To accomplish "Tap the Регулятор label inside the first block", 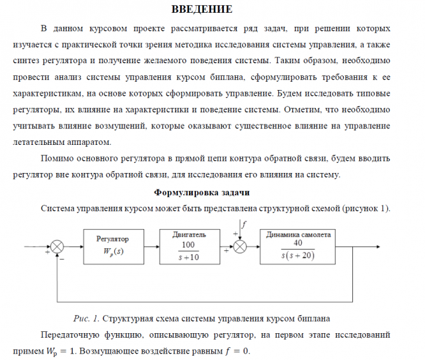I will [x=112, y=239].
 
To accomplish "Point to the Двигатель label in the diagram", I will [x=189, y=235].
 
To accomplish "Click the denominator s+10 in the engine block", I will [x=188, y=257].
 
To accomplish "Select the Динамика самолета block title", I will [x=299, y=234].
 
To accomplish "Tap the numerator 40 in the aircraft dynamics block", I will [x=298, y=243].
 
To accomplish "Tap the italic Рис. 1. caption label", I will [x=86, y=317].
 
